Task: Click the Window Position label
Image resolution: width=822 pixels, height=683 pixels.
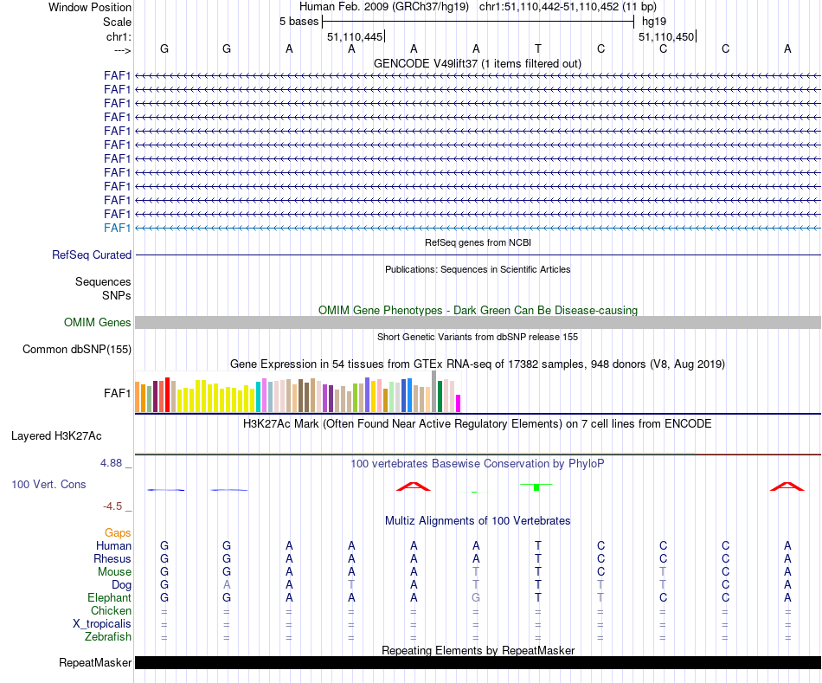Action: tap(90, 7)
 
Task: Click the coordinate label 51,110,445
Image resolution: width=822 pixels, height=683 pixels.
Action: tap(355, 36)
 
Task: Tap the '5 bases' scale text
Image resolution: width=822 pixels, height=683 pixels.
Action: tap(299, 21)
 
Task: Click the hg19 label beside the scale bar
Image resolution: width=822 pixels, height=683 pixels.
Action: tap(654, 21)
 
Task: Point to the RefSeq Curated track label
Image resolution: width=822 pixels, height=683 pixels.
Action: tap(92, 255)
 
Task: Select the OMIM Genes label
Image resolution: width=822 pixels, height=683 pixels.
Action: tap(98, 323)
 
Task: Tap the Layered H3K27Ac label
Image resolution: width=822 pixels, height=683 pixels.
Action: tap(68, 436)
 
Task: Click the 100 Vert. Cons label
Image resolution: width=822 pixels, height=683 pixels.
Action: tap(48, 485)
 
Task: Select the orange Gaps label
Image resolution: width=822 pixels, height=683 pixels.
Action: tap(118, 533)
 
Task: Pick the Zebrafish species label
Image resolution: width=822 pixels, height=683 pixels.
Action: tap(108, 637)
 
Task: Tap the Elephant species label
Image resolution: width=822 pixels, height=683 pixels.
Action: tap(109, 598)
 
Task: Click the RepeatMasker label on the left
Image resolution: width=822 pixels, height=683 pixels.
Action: tap(95, 663)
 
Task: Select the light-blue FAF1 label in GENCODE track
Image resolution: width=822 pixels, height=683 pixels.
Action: tap(118, 228)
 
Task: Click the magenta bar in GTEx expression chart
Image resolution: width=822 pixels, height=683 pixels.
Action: tap(459, 403)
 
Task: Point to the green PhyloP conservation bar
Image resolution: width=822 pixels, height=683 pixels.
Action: tap(536, 487)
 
